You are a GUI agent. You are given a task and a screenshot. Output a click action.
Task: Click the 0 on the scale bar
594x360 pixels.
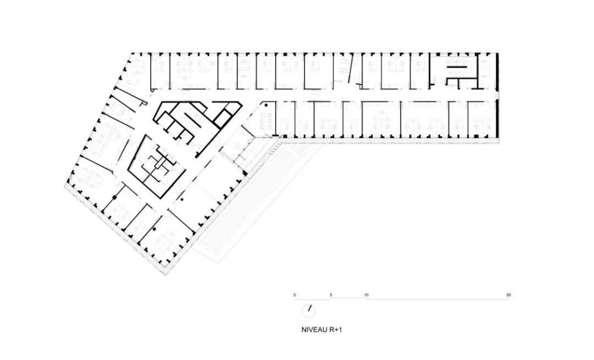[x=295, y=295]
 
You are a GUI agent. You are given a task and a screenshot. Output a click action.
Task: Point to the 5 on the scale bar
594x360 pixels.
[x=331, y=295]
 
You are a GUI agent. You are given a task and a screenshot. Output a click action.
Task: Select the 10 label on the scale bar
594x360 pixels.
[x=366, y=295]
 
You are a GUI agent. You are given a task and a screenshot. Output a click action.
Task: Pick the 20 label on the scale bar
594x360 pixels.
[x=508, y=295]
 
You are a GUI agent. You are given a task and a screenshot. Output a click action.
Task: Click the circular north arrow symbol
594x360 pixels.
[x=309, y=311]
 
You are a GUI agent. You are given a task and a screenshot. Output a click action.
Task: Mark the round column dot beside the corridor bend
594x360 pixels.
[x=265, y=104]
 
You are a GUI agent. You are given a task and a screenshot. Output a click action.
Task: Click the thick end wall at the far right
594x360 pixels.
[x=497, y=97]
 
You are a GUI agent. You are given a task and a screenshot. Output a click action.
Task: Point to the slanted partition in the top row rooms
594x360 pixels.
[x=345, y=69]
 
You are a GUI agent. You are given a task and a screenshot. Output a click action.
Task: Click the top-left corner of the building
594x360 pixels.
[x=131, y=53]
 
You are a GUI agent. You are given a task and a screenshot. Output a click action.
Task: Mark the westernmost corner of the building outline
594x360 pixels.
[x=66, y=186]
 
